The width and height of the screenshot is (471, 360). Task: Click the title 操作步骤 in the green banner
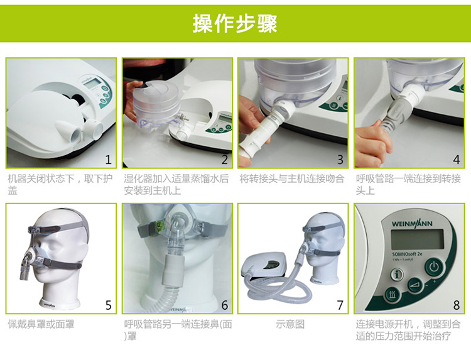click(235, 23)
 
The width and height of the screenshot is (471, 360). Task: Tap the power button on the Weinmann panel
click(433, 268)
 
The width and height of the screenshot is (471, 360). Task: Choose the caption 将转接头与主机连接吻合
click(292, 179)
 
